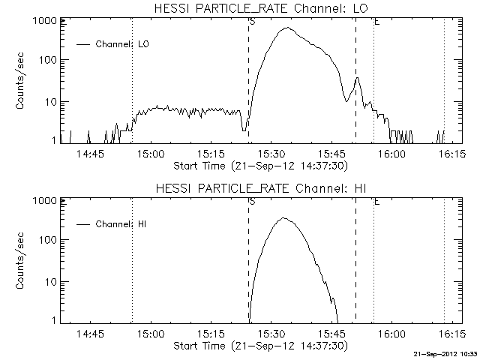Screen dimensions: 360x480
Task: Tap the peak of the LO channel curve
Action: pyautogui.click(x=286, y=28)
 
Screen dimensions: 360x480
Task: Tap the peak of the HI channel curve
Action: pyautogui.click(x=283, y=218)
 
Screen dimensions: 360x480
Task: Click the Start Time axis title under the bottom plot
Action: pyautogui.click(x=259, y=345)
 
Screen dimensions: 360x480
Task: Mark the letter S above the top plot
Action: pyautogui.click(x=251, y=22)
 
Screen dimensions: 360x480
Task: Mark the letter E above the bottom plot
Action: pyautogui.click(x=376, y=202)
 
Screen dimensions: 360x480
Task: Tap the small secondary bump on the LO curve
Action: pyautogui.click(x=358, y=77)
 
